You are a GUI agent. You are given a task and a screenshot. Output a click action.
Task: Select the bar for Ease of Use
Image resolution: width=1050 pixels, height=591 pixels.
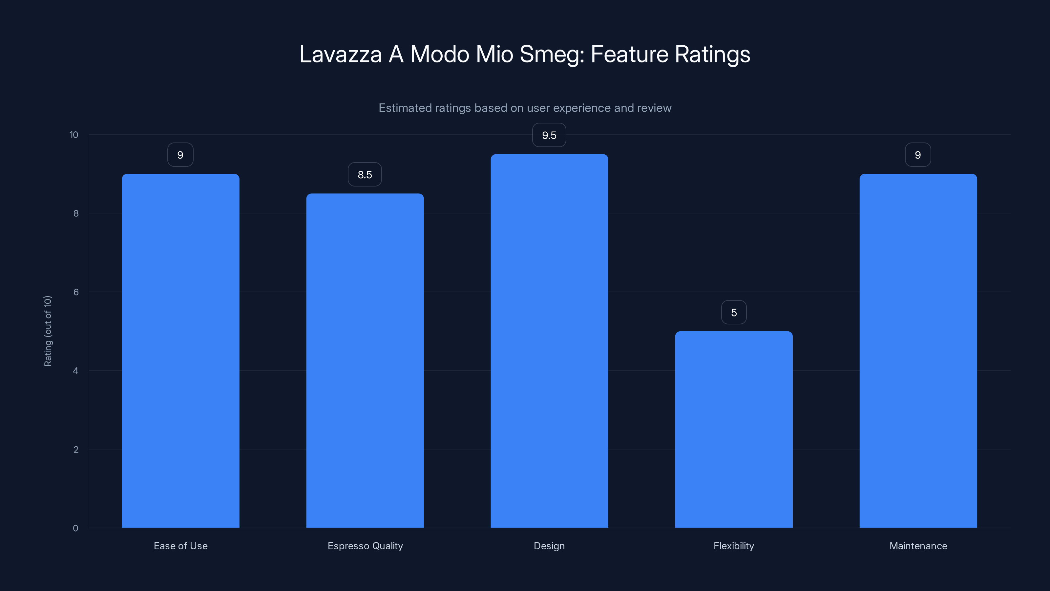180,351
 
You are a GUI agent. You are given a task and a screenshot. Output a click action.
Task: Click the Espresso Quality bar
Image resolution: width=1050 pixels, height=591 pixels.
365,361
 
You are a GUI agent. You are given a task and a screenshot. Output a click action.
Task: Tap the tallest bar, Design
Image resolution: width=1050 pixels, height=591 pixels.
549,341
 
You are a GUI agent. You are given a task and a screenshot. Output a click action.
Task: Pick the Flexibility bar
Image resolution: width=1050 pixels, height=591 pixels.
734,429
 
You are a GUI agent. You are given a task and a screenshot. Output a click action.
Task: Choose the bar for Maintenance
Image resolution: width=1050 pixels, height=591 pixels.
918,351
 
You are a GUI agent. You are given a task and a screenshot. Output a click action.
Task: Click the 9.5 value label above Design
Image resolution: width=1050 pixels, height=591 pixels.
549,135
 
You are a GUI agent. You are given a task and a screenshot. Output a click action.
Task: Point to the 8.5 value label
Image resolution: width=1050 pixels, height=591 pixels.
365,175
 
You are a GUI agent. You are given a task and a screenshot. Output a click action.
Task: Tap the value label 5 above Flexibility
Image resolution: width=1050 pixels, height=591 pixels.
734,313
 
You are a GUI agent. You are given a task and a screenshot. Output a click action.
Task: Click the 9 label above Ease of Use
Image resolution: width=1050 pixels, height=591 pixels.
180,155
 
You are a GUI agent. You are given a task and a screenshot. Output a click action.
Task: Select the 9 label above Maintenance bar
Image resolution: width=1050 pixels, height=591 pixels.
918,155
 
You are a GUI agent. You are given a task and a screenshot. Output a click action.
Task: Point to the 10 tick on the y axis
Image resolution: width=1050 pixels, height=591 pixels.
74,135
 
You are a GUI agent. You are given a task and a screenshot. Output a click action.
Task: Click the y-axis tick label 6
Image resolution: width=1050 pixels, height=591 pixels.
76,292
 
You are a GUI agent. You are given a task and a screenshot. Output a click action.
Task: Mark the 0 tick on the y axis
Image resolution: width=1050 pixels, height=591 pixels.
75,528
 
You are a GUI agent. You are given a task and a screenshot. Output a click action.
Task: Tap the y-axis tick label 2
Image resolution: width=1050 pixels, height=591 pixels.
76,449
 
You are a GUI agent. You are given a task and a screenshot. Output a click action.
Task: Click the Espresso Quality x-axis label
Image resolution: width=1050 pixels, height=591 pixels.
365,546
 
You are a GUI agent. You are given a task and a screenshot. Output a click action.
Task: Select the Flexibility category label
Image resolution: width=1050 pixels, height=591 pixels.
734,546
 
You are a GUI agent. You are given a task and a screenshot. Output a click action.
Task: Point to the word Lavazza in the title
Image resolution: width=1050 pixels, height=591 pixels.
340,54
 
